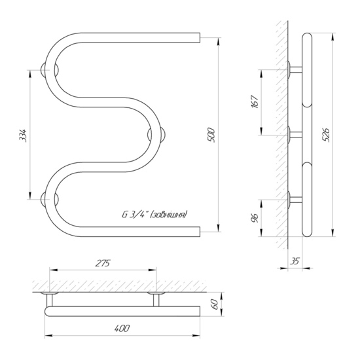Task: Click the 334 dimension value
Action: [23, 135]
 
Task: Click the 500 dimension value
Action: [211, 135]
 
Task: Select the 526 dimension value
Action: [326, 135]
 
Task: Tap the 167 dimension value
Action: [255, 101]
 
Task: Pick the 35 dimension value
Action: [295, 261]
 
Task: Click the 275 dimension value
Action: [103, 263]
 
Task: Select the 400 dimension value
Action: [122, 329]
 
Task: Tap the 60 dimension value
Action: [215, 304]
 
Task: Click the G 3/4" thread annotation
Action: [154, 215]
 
